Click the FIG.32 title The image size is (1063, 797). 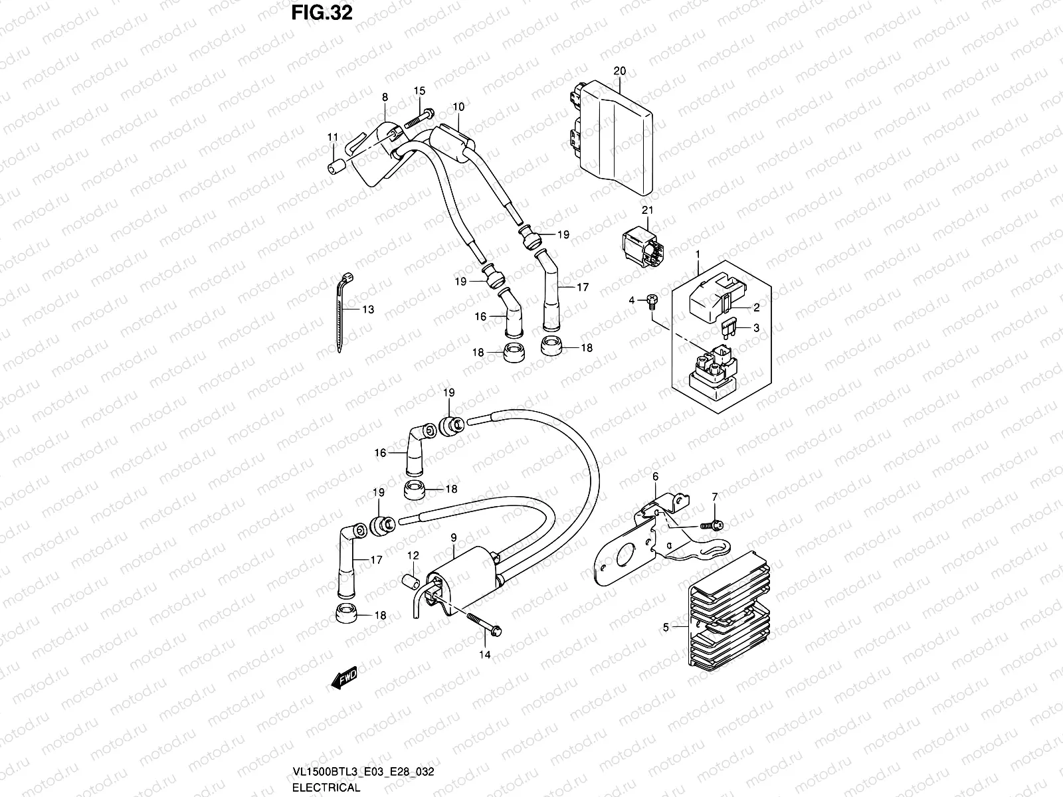(x=322, y=13)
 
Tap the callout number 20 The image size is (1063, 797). (x=620, y=70)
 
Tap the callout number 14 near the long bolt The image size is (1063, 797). (x=485, y=655)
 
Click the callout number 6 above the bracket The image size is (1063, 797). (x=655, y=476)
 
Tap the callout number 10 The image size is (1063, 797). (x=458, y=107)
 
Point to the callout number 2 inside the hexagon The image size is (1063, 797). (x=755, y=307)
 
